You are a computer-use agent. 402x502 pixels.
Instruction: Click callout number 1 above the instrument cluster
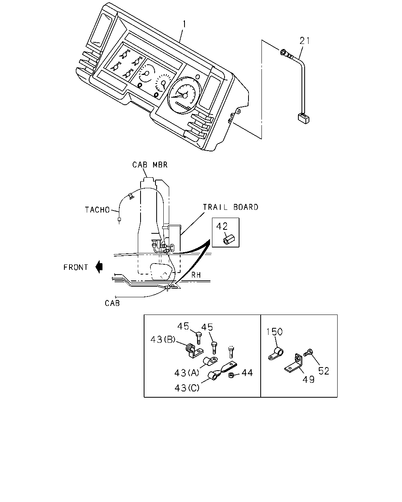tap(185, 24)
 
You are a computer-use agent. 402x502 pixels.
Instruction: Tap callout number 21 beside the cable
tap(305, 41)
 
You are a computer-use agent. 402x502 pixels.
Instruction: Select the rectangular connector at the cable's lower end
tap(304, 118)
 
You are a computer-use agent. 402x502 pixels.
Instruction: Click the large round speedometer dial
tap(185, 96)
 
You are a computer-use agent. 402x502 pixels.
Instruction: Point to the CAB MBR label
tap(150, 165)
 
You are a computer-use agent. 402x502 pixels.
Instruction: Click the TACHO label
tap(97, 210)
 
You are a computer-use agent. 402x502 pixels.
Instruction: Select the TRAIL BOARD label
tap(230, 207)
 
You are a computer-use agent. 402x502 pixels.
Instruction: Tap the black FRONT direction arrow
tap(99, 267)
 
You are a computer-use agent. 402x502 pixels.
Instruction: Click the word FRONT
tap(76, 267)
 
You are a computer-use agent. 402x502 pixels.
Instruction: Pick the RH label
tap(196, 275)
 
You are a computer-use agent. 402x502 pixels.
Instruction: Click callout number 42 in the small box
tap(222, 226)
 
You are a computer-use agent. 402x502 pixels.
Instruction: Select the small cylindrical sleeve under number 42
tap(229, 240)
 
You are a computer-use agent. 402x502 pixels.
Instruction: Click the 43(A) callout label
tap(186, 373)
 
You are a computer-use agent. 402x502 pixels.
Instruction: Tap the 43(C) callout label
tap(187, 388)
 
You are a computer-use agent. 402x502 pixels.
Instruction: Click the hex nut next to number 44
tap(231, 375)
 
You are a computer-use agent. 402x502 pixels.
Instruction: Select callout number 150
tap(274, 331)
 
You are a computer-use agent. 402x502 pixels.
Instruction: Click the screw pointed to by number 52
tap(307, 353)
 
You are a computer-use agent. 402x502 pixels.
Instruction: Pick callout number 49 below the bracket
tap(308, 380)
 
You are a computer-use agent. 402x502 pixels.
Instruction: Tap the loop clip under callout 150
tap(276, 353)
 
